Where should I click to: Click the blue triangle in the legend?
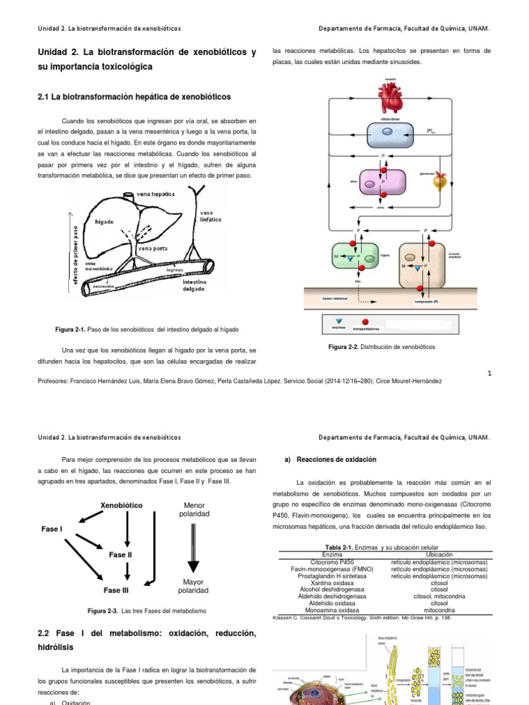pos(338,322)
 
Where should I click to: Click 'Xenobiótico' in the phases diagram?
pos(121,505)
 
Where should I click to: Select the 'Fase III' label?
pos(116,590)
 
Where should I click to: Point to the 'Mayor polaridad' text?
pos(194,586)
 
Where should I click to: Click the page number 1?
pos(488,373)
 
